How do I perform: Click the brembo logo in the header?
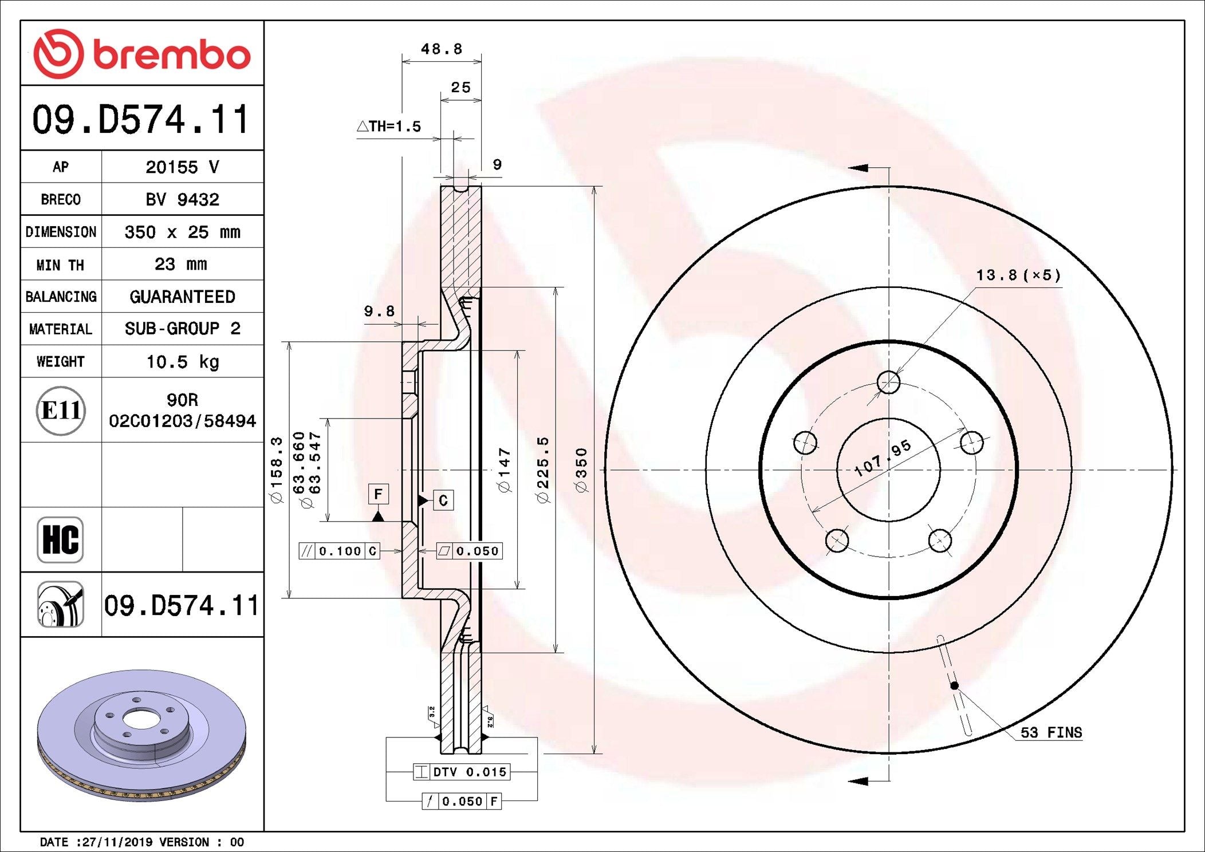click(x=142, y=54)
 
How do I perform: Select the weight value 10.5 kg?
click(x=182, y=362)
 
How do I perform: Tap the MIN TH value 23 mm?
click(x=181, y=264)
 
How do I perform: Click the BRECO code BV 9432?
click(x=182, y=199)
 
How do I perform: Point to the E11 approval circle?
click(x=61, y=410)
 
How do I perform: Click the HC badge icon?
click(x=60, y=539)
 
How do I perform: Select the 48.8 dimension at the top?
click(x=441, y=49)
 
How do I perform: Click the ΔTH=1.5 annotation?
click(x=389, y=127)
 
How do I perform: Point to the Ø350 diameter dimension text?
click(x=581, y=470)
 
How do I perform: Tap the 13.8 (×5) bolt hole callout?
click(x=1018, y=275)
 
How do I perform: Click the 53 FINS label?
click(x=1051, y=733)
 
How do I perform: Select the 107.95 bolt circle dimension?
click(x=882, y=458)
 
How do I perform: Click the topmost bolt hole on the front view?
click(x=888, y=382)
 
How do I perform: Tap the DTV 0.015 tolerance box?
click(x=462, y=772)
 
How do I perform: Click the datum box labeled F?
click(x=378, y=494)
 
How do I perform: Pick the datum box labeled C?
click(x=443, y=500)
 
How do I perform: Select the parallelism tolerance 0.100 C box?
click(x=340, y=551)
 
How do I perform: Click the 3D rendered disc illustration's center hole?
click(x=141, y=719)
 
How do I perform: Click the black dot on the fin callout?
click(x=954, y=685)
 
